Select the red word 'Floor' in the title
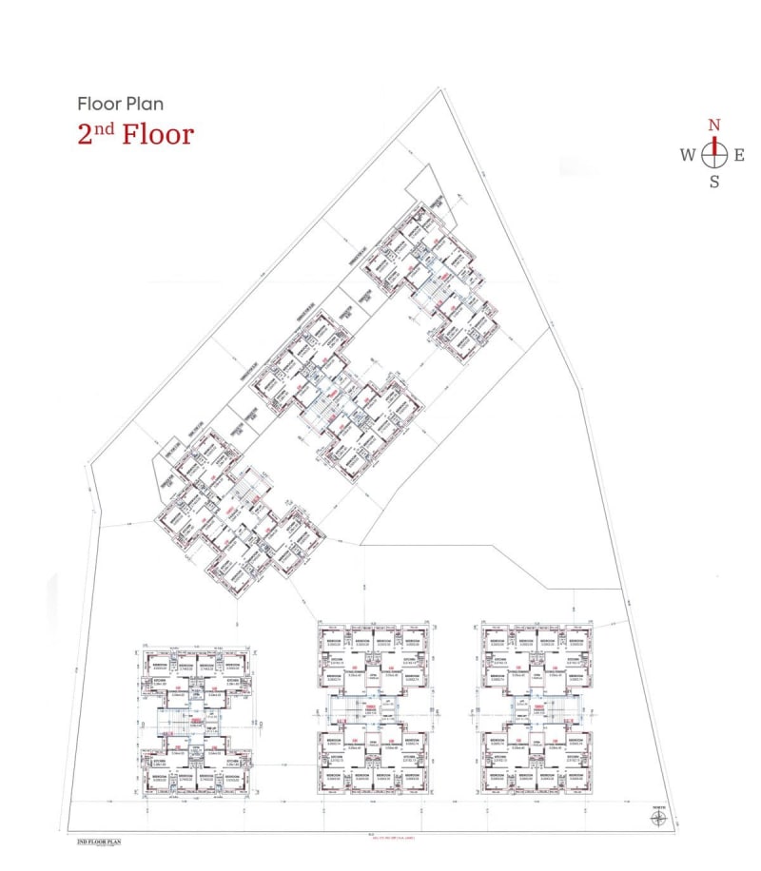tap(158, 133)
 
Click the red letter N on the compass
tap(714, 126)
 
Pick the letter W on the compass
tap(687, 155)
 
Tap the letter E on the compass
tap(739, 155)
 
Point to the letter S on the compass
tap(714, 182)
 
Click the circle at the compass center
tap(714, 154)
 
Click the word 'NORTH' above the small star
tap(659, 808)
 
